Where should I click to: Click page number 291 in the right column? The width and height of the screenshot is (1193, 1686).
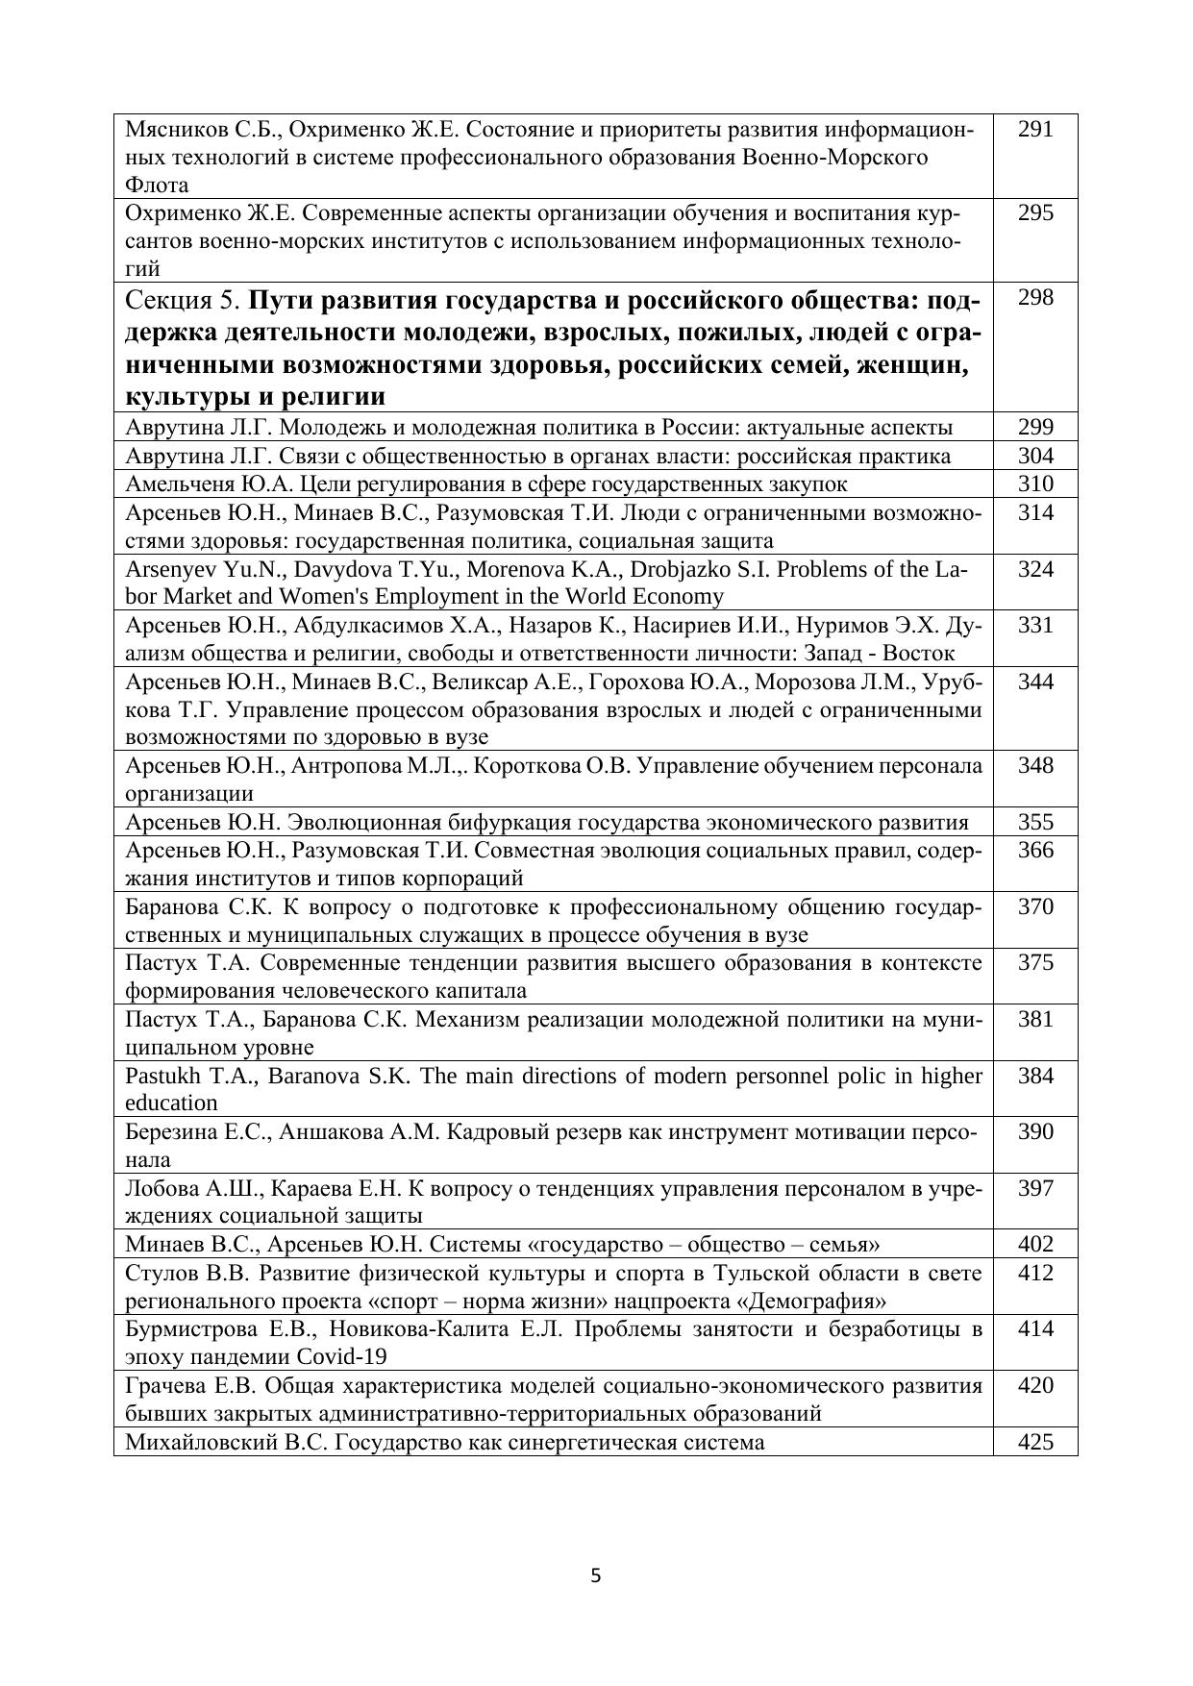(1035, 129)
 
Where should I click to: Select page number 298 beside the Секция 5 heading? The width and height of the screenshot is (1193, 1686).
(1035, 298)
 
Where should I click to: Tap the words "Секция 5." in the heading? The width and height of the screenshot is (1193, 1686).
(184, 302)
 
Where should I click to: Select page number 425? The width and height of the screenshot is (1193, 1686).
(1035, 1442)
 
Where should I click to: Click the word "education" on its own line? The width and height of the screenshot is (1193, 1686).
(172, 1103)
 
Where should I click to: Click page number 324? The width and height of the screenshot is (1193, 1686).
(1035, 569)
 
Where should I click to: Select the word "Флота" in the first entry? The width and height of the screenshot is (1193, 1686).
(157, 185)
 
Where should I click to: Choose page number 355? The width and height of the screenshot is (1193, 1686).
(1035, 822)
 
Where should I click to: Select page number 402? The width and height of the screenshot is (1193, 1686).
(1035, 1244)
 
